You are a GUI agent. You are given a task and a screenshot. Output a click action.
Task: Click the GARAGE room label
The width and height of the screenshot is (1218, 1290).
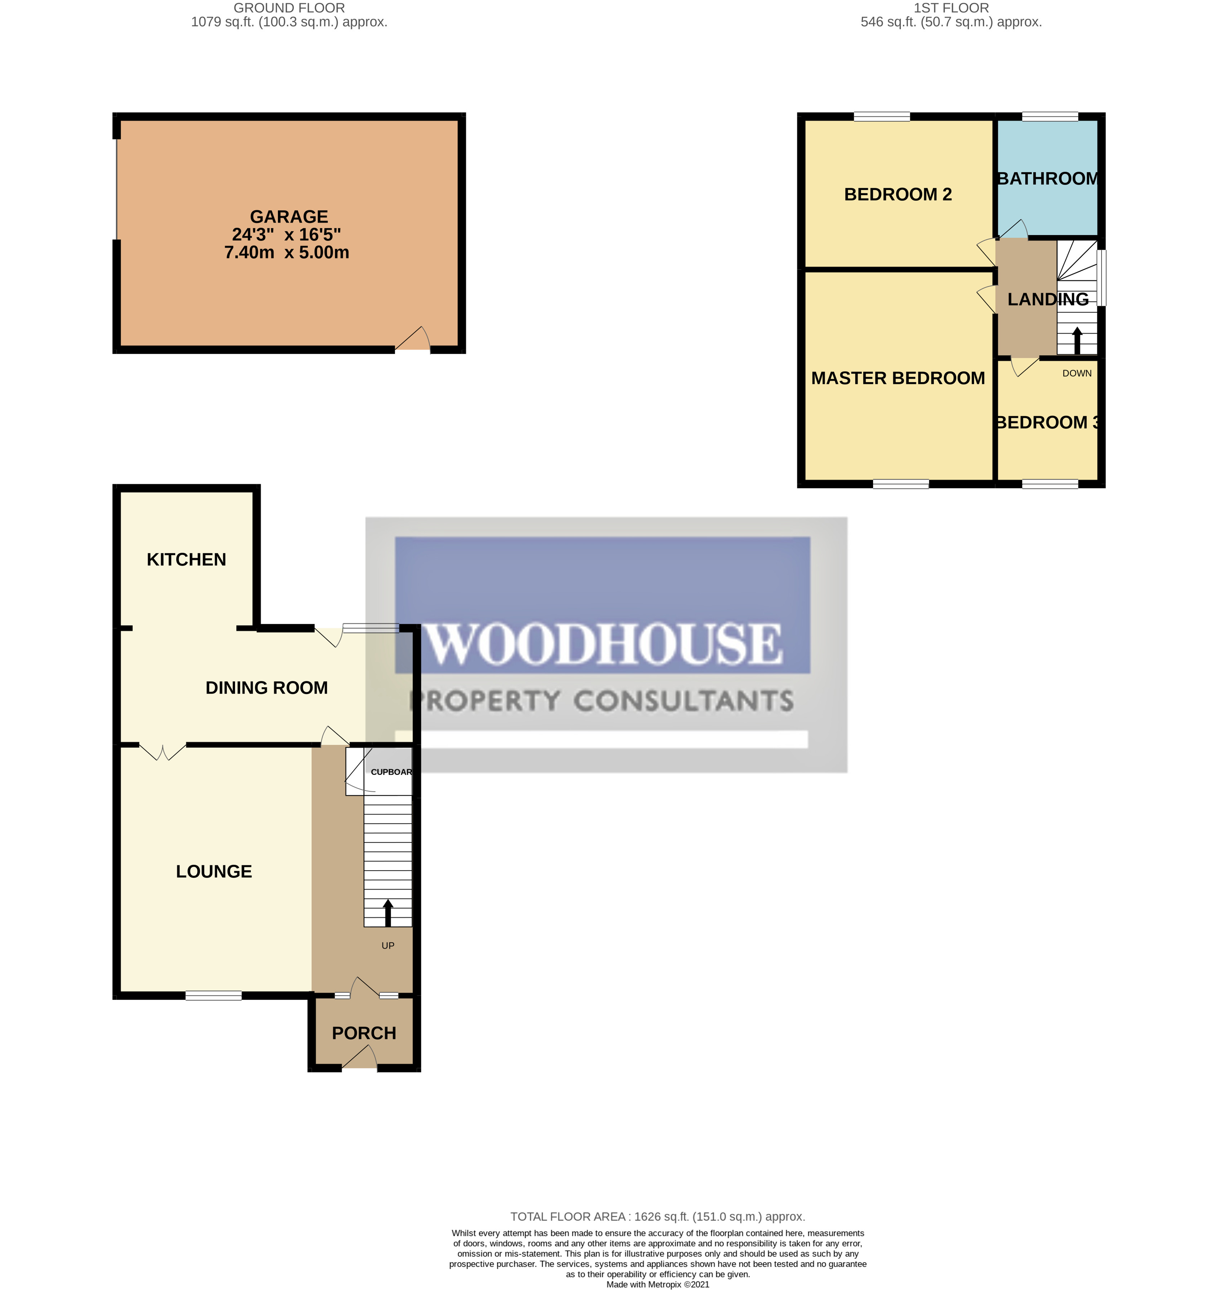289,216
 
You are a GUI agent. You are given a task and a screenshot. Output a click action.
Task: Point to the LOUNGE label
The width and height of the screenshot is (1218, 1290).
214,871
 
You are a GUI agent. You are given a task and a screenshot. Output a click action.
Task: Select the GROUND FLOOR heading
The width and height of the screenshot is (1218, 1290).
289,8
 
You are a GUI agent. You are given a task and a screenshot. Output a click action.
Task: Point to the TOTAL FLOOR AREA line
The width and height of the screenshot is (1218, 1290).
658,1217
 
